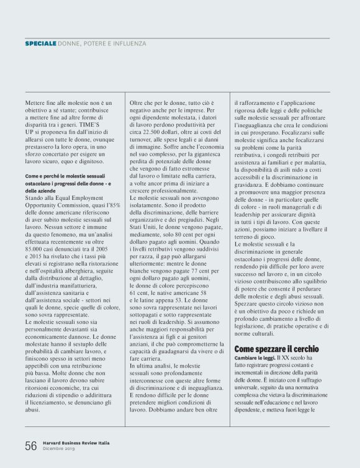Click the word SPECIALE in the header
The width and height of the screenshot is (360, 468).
coord(40,44)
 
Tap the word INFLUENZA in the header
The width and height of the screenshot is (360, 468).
coord(129,44)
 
